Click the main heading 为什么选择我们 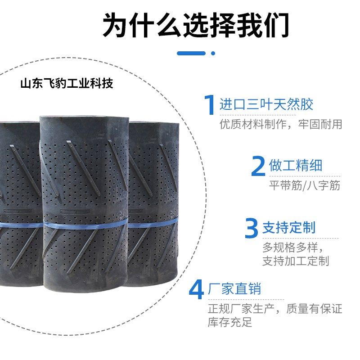point(196,25)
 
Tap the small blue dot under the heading point(213,53)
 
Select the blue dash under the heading point(191,53)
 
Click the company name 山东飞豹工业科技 point(67,83)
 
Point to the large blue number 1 point(209,105)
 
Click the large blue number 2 point(258,166)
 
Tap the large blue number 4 point(196,289)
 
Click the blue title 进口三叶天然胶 point(266,105)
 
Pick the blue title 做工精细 point(295,166)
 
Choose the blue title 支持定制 point(289,227)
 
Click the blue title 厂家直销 point(234,288)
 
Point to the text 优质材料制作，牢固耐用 point(281,124)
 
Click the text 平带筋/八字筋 point(304,185)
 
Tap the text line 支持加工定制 point(296,261)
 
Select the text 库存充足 point(230,322)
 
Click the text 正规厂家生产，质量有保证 point(274,309)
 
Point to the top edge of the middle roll point(84,118)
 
